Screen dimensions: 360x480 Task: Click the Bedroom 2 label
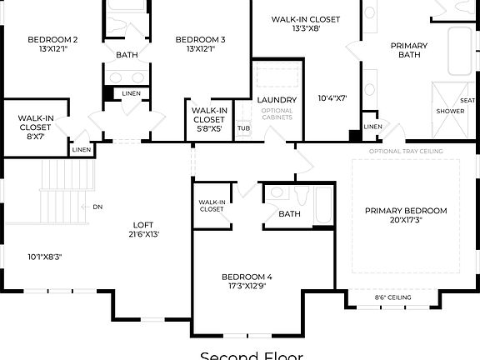(x=52, y=39)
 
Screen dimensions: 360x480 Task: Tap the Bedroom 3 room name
(x=200, y=39)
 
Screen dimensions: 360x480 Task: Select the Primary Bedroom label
(x=406, y=211)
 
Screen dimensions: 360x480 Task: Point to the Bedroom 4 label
(x=247, y=276)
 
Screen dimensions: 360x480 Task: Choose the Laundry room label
(x=277, y=101)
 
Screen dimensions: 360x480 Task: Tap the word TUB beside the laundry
(x=243, y=128)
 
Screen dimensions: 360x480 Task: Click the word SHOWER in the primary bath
(x=450, y=111)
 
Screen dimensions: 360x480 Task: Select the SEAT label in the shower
(x=467, y=101)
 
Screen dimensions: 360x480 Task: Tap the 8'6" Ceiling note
(x=392, y=297)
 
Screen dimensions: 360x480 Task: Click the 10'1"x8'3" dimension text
(x=44, y=256)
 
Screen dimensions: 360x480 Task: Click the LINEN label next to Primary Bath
(x=372, y=127)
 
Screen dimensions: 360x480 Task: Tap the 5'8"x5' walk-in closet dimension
(x=209, y=129)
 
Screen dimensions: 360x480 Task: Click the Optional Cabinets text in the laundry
(x=277, y=115)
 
